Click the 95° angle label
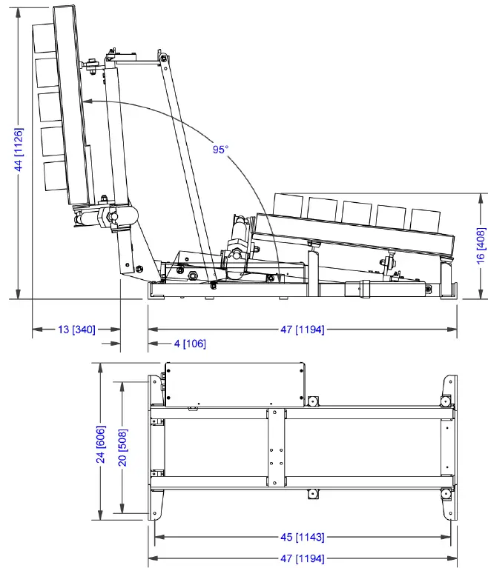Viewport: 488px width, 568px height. [x=220, y=150]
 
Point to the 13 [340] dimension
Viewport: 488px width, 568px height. [x=75, y=330]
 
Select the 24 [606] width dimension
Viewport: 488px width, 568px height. [x=100, y=444]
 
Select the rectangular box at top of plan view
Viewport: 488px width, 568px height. [x=234, y=384]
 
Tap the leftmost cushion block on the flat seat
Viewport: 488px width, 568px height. [x=288, y=205]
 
